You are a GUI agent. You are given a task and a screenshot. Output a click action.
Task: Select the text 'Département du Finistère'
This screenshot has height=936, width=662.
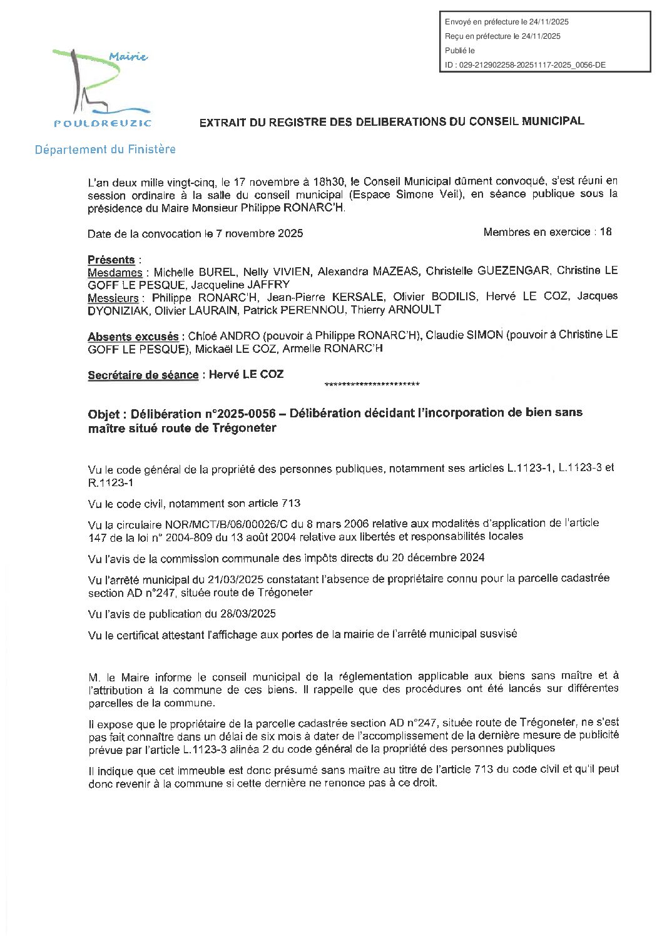click(105, 150)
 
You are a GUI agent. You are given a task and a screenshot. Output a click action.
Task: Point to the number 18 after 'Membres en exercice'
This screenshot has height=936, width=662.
click(605, 232)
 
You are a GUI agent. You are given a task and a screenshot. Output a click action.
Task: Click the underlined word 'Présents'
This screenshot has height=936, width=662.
click(111, 260)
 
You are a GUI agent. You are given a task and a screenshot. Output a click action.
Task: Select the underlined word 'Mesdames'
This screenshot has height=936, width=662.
click(115, 273)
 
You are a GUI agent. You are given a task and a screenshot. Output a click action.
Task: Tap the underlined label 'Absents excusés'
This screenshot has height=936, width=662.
click(133, 337)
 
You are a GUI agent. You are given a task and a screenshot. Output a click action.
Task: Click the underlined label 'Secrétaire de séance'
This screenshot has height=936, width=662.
click(143, 375)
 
